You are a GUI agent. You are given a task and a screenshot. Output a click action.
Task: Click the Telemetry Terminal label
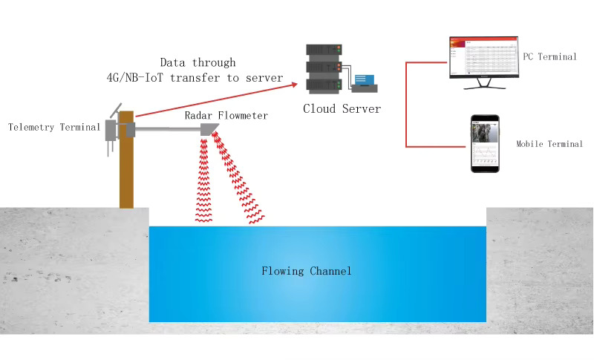click(x=53, y=128)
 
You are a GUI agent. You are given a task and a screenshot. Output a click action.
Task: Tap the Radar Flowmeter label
click(x=226, y=116)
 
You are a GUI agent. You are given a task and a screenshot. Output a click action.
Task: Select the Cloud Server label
click(x=342, y=109)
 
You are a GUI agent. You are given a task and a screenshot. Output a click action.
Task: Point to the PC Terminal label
click(x=549, y=56)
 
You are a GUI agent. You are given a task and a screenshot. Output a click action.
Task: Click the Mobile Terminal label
click(x=549, y=144)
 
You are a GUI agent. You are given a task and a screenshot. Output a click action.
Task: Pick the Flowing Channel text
click(x=306, y=271)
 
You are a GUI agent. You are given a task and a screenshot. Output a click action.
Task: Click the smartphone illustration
click(x=485, y=144)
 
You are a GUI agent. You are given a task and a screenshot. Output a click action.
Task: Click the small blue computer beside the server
click(x=365, y=82)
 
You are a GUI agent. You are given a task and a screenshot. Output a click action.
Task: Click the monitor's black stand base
click(x=485, y=88)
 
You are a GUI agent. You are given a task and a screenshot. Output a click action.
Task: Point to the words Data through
click(x=198, y=62)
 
